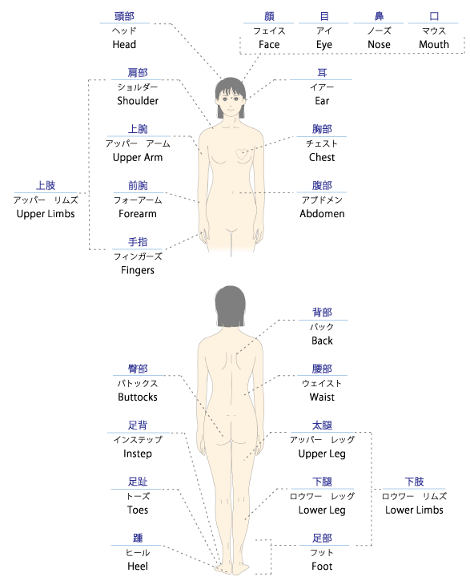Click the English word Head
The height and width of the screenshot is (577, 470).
tap(124, 45)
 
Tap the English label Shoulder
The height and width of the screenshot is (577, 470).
tap(138, 101)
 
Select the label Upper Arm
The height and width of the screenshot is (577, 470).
tap(138, 158)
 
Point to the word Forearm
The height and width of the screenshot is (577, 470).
tap(138, 214)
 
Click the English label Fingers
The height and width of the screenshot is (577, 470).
tap(138, 271)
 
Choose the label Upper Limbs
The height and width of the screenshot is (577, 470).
tap(46, 214)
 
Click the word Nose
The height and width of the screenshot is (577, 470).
tap(379, 45)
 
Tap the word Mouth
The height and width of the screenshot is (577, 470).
tap(434, 45)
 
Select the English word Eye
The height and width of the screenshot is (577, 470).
tap(324, 45)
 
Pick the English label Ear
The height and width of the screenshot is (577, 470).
tap(322, 101)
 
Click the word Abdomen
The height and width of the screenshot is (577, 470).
tap(322, 214)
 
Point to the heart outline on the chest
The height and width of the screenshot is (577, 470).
tap(242, 154)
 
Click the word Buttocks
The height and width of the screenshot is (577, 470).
tap(138, 397)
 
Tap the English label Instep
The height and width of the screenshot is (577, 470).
tap(138, 454)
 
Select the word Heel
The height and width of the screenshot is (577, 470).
tap(138, 567)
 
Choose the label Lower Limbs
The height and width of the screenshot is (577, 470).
tap(414, 510)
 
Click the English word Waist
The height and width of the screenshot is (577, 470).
tap(322, 397)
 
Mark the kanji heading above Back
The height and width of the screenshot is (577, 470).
tap(322, 313)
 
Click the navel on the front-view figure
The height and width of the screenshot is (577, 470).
tap(233, 192)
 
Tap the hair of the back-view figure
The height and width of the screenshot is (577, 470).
tap(231, 305)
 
